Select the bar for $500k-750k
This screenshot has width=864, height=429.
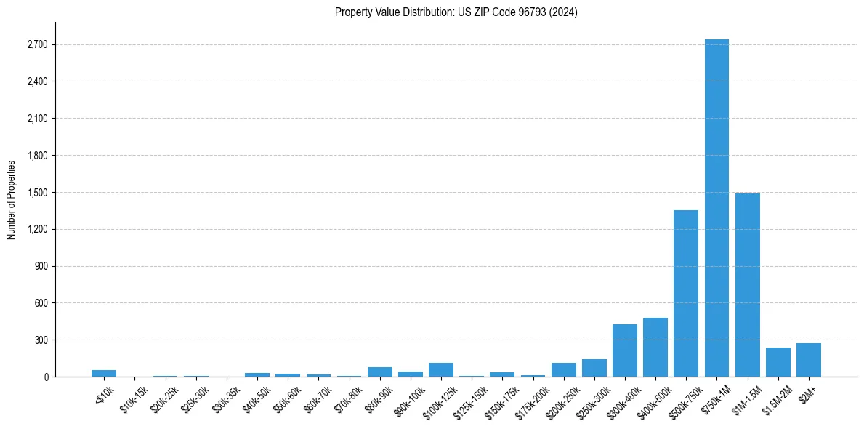coord(686,294)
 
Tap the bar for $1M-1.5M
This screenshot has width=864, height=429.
coord(747,285)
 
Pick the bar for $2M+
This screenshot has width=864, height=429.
coord(809,360)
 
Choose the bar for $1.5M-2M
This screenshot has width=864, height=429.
coord(778,362)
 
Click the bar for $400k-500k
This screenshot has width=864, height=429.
coord(655,348)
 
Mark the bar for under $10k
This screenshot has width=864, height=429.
coord(104,374)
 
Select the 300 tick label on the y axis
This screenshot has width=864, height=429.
coord(41,340)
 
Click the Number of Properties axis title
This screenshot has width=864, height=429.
coord(12,200)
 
